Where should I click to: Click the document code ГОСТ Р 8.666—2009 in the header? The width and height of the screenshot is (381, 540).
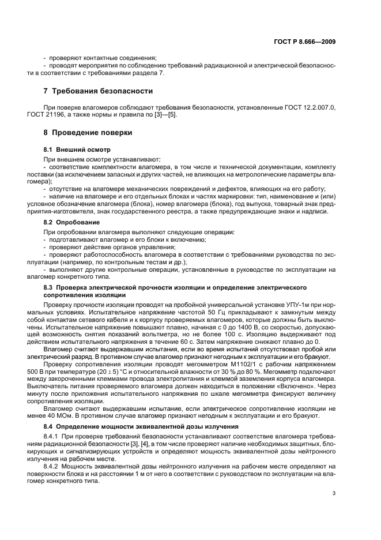(x=305, y=42)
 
